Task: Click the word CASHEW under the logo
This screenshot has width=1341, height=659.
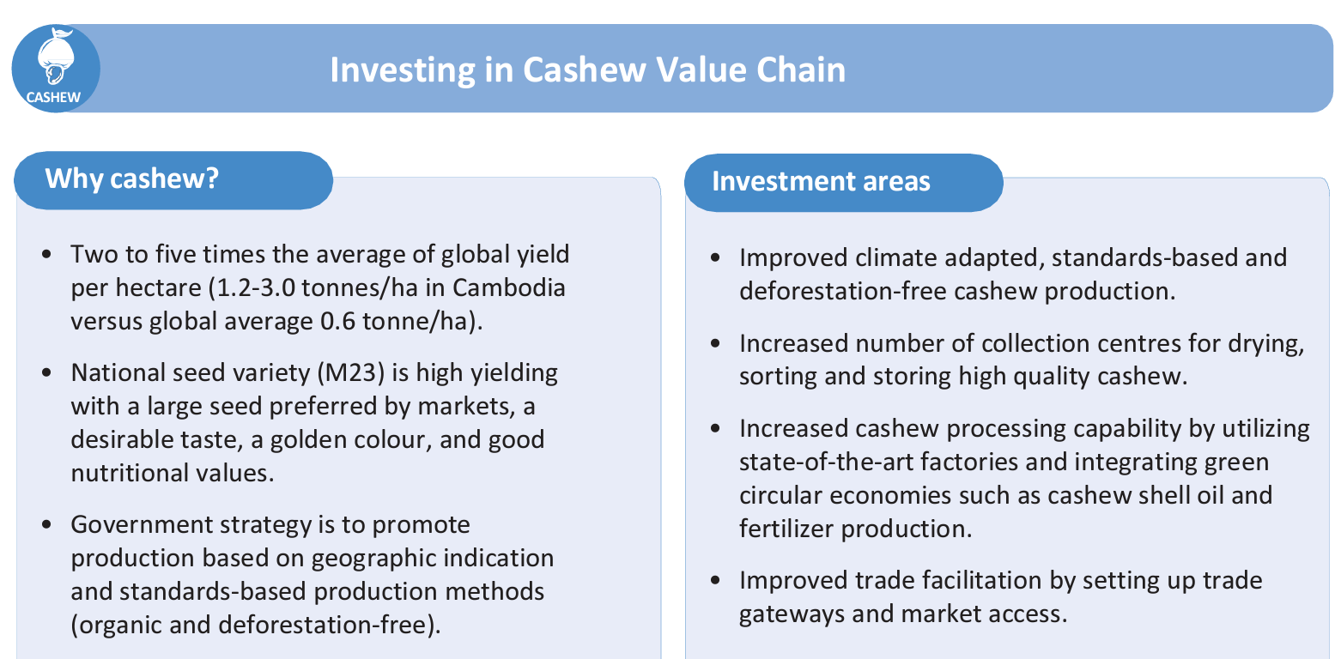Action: point(53,98)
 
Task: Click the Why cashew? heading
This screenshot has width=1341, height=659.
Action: point(132,178)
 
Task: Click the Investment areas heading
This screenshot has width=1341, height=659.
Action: point(821,181)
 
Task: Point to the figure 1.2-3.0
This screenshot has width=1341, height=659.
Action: point(256,288)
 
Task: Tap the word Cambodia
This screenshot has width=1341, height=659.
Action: point(508,288)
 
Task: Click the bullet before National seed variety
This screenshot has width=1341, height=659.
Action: point(47,373)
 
